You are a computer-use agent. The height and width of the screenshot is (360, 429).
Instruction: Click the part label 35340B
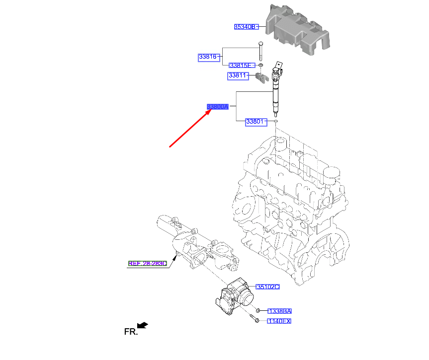[x=246, y=27]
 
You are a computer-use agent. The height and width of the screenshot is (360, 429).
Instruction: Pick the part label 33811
[x=238, y=76]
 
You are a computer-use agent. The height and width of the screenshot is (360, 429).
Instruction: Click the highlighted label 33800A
[x=218, y=107]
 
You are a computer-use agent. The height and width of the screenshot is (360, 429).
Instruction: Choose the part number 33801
[x=256, y=122]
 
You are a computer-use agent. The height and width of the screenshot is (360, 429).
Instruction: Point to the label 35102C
[x=267, y=287]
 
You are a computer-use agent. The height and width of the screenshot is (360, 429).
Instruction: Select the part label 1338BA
[x=279, y=311]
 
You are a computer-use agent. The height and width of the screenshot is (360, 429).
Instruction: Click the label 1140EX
[x=279, y=321]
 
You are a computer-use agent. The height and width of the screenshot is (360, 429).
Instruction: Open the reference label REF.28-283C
[x=148, y=264]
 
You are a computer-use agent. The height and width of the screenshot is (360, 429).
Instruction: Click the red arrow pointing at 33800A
[x=189, y=128]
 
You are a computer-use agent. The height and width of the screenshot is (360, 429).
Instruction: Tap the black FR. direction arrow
[x=143, y=325]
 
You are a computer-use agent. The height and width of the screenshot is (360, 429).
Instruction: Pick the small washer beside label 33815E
[x=260, y=66]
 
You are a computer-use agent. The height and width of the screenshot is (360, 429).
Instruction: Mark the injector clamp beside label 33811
[x=261, y=77]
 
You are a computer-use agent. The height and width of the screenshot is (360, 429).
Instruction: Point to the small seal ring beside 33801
[x=275, y=121]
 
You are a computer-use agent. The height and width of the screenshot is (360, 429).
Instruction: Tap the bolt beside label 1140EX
[x=255, y=321]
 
